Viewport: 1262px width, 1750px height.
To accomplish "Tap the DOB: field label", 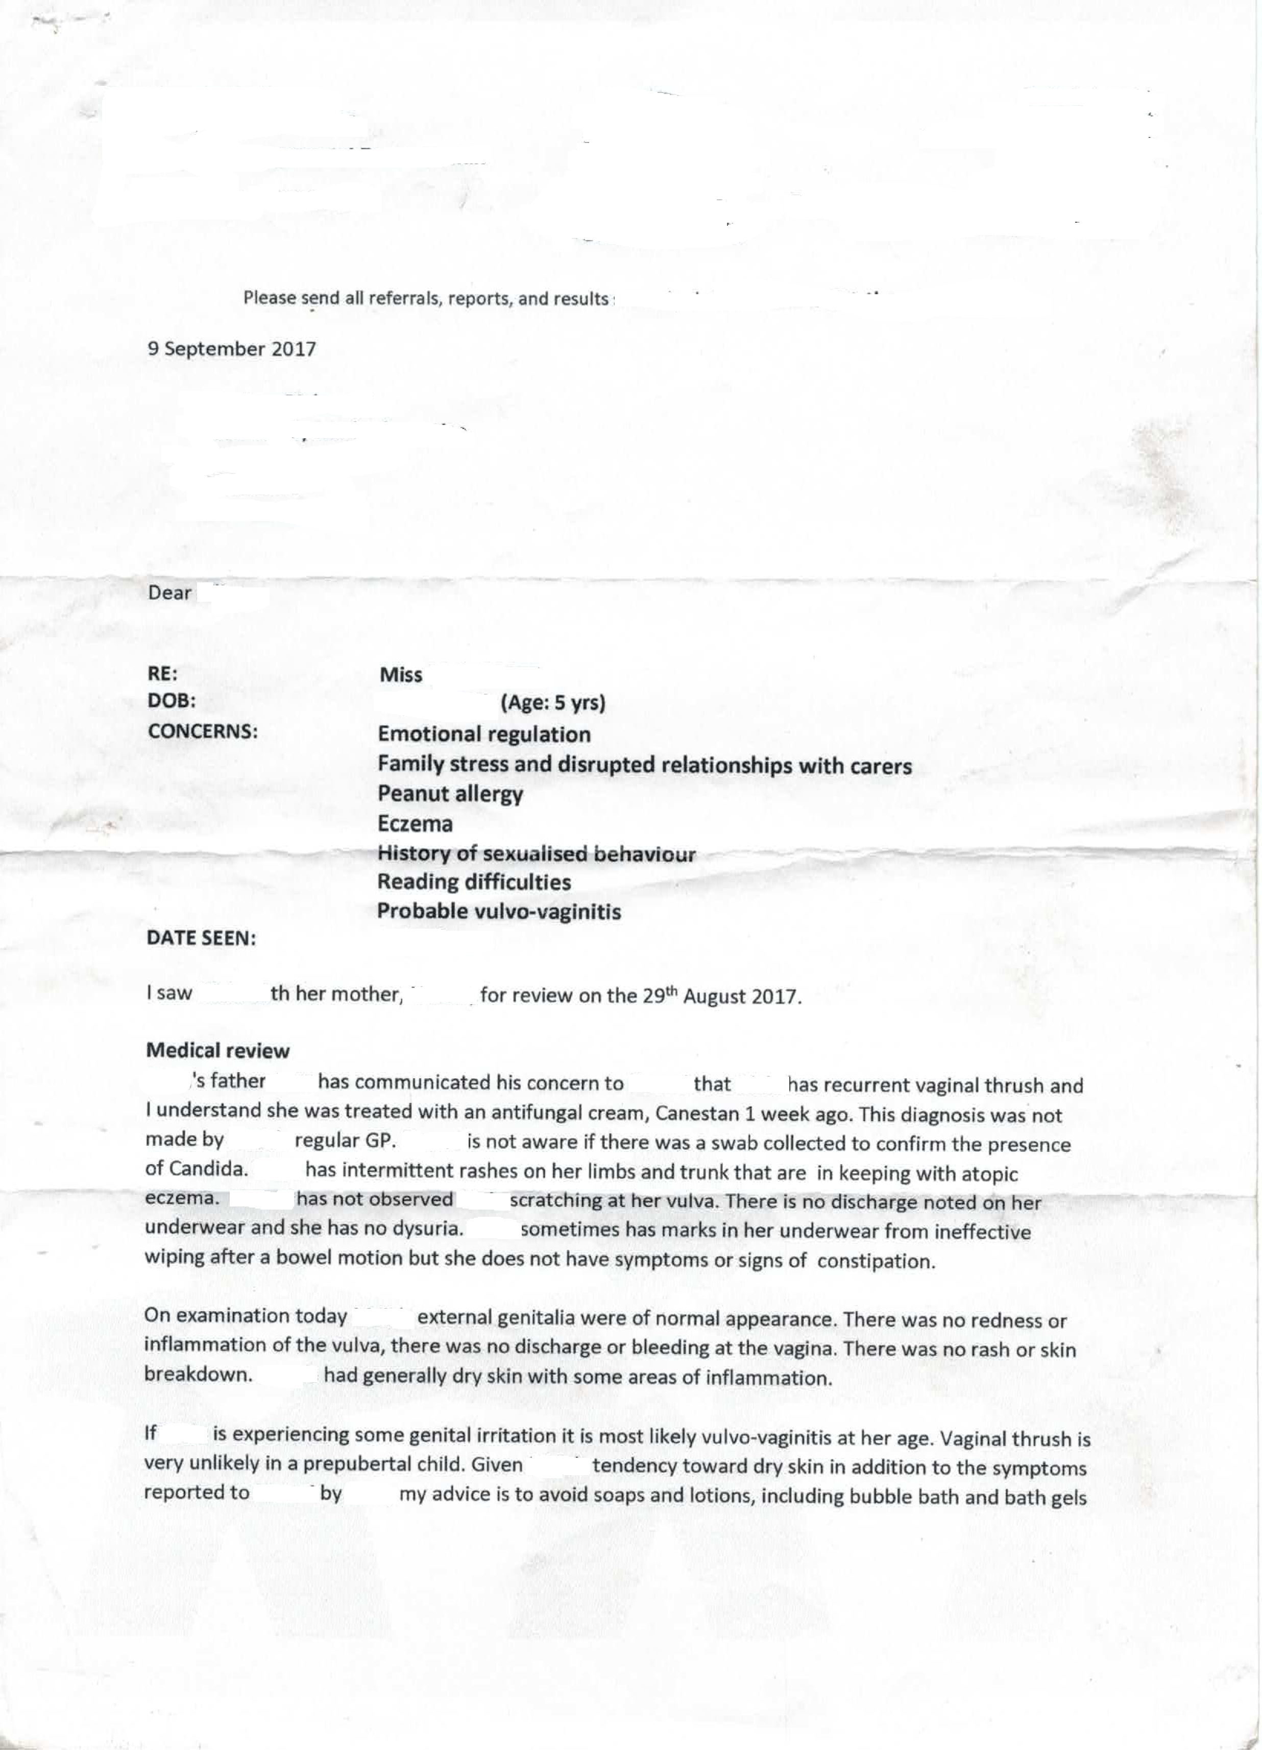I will (x=171, y=701).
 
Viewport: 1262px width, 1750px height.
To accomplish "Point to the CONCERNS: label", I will (x=202, y=731).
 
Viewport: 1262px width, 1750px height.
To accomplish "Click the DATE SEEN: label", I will (x=201, y=938).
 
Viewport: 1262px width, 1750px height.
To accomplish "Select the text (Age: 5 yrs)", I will (x=553, y=703).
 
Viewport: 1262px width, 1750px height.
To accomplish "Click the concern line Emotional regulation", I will (x=483, y=734).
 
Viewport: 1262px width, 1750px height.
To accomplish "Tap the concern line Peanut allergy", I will (x=450, y=793).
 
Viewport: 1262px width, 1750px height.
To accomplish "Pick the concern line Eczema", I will (x=415, y=823).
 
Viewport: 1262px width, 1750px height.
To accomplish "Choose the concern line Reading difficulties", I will (x=474, y=882).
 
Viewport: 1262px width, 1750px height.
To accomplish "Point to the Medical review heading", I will (x=217, y=1050).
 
